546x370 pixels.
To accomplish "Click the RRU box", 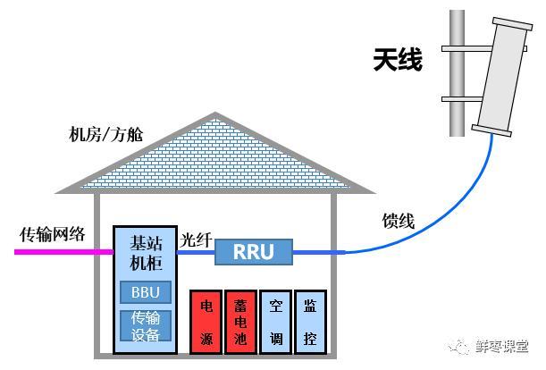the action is coord(254,251).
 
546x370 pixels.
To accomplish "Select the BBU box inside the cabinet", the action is coord(146,292).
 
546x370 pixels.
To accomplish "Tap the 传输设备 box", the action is coord(146,325).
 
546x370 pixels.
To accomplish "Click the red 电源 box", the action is coord(206,322).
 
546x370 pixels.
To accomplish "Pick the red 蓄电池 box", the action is coord(241,322).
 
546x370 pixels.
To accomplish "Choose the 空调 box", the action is coord(276,322).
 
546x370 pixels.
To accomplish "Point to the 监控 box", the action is coord(310,322).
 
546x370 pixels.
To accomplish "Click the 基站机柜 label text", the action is coord(146,253).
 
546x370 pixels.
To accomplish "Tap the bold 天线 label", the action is coord(398,60).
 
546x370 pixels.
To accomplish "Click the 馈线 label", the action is coord(399,221).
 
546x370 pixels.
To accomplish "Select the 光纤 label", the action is coord(196,240).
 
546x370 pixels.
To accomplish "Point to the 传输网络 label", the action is coord(52,234).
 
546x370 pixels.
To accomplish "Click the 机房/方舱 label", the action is coord(105,134).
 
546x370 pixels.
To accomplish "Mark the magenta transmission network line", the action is coord(64,251).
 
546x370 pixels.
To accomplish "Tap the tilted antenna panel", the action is coord(502,77).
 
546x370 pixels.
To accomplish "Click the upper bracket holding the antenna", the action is coord(484,49).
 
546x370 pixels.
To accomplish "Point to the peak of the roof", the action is coord(215,113).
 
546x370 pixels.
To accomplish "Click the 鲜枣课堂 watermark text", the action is coord(502,346).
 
